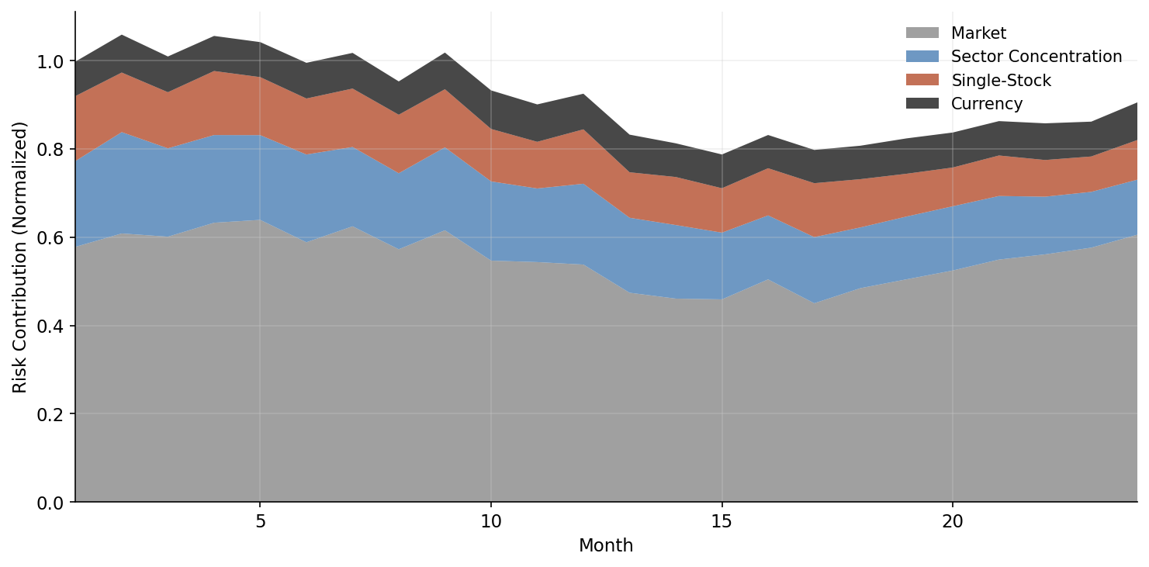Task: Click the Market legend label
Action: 978,33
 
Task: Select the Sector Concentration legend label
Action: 1036,57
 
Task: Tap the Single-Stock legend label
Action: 1001,81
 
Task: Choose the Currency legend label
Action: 987,104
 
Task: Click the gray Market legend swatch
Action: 922,33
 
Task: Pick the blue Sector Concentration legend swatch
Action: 922,57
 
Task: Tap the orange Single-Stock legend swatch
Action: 922,81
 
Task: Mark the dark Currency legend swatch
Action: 922,104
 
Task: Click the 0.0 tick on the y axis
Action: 51,503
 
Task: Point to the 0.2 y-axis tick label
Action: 51,414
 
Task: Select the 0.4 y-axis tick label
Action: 51,326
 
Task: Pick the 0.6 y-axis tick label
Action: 51,237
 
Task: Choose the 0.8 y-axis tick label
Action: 51,149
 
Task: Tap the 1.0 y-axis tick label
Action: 51,61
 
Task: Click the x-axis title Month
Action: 606,546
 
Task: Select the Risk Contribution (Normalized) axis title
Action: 20,257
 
